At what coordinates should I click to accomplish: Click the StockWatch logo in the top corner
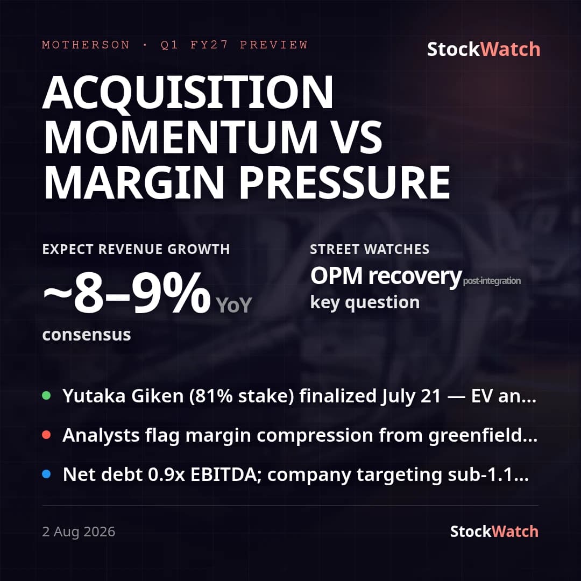pyautogui.click(x=484, y=49)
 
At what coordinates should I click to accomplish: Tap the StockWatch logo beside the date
pyautogui.click(x=494, y=532)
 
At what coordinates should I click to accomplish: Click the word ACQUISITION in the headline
pyautogui.click(x=188, y=92)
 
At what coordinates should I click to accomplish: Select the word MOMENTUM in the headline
pyautogui.click(x=180, y=137)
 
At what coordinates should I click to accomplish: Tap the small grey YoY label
pyautogui.click(x=233, y=305)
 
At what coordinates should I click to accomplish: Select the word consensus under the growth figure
pyautogui.click(x=87, y=335)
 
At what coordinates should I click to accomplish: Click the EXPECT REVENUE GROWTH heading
pyautogui.click(x=136, y=249)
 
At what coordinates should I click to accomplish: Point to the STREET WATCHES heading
pyautogui.click(x=370, y=249)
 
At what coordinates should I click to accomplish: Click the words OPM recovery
pyautogui.click(x=386, y=277)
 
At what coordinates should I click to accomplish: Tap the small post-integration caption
pyautogui.click(x=492, y=281)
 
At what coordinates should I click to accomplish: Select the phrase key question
pyautogui.click(x=365, y=302)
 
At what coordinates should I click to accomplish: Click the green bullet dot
pyautogui.click(x=46, y=395)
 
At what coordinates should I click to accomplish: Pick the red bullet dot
pyautogui.click(x=46, y=435)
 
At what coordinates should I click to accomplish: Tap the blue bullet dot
pyautogui.click(x=46, y=474)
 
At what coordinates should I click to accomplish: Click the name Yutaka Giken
pyautogui.click(x=123, y=396)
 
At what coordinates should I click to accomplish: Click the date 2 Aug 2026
pyautogui.click(x=79, y=532)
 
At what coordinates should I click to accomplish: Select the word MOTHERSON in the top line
pyautogui.click(x=86, y=45)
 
